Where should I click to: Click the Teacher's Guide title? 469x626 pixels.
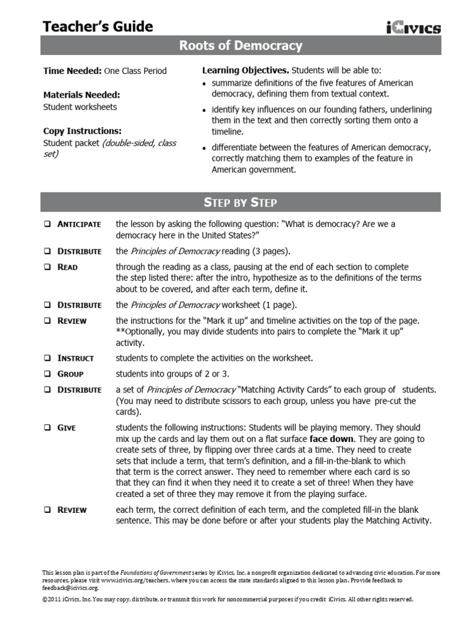point(98,26)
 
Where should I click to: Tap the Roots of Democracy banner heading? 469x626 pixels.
point(240,46)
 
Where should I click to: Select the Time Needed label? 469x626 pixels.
point(72,71)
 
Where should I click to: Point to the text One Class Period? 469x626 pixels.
point(135,71)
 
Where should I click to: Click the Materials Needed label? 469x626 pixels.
point(81,95)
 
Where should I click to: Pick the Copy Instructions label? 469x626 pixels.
point(82,131)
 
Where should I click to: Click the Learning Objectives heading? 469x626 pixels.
point(245,71)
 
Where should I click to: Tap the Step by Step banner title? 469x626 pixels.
point(240,202)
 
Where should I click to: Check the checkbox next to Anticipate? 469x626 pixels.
point(46,224)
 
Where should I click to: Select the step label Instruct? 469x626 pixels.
point(76,358)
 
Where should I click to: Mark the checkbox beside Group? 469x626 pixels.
point(46,374)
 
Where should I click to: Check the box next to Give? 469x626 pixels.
point(46,428)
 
